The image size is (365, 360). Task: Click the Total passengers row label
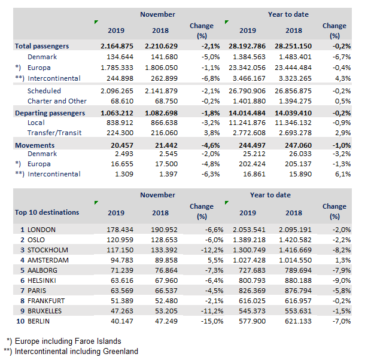pyautogui.click(x=42, y=46)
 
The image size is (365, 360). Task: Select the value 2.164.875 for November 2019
pyautogui.click(x=115, y=46)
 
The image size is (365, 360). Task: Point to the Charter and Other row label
pyautogui.click(x=57, y=101)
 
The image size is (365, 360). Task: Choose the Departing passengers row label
pyautogui.click(x=50, y=112)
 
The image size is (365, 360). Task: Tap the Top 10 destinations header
pyautogui.click(x=47, y=212)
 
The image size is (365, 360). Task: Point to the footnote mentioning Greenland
pyautogui.click(x=72, y=351)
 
